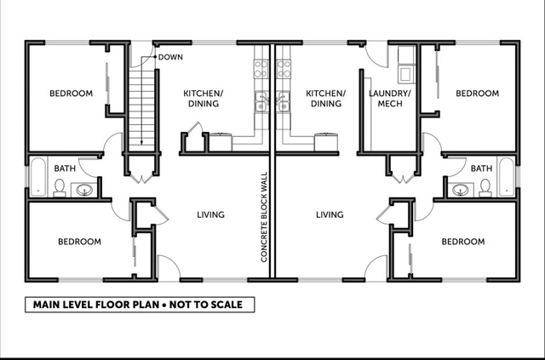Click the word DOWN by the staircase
[x=170, y=57]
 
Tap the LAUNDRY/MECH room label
[x=390, y=99]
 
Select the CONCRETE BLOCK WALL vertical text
[x=264, y=217]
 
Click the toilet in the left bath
[x=60, y=188]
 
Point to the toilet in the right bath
[x=485, y=188]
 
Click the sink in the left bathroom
[x=84, y=190]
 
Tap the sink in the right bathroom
[x=461, y=190]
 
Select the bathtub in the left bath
[x=37, y=177]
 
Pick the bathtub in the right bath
[x=507, y=177]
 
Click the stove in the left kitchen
[x=261, y=69]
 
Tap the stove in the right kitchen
[x=284, y=69]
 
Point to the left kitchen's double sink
[x=261, y=102]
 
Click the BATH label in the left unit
[x=65, y=169]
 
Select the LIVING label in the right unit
[x=330, y=214]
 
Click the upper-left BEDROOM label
[x=71, y=93]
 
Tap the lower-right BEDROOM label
[x=463, y=242]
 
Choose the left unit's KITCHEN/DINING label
[x=204, y=99]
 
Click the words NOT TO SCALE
[x=206, y=305]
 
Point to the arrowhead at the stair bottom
[x=141, y=142]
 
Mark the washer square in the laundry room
[x=405, y=74]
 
